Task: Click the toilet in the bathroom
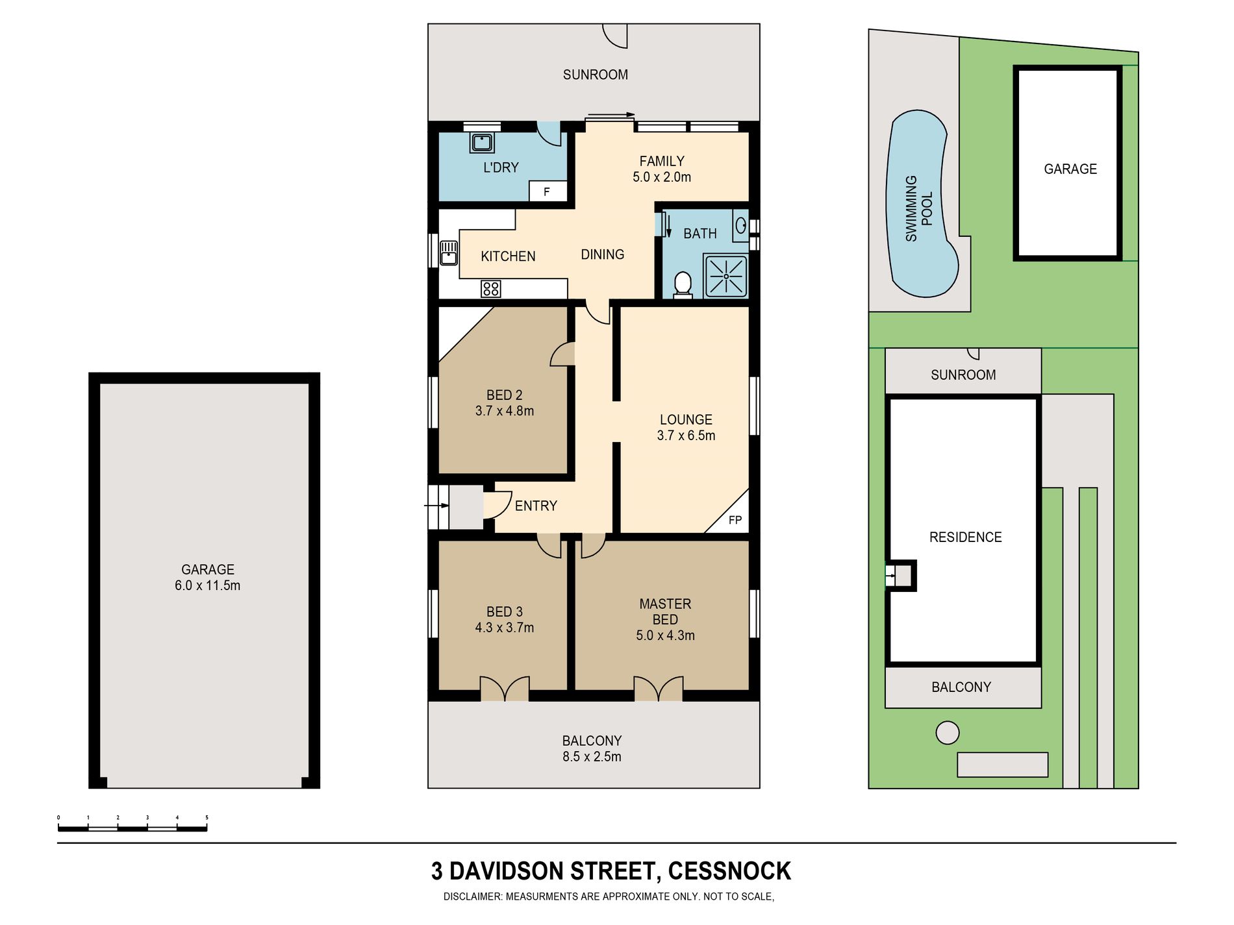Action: (683, 285)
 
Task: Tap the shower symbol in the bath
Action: (725, 276)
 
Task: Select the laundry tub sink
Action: (481, 142)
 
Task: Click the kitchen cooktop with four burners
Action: (490, 288)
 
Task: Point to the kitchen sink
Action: (449, 253)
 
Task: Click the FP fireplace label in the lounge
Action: (735, 520)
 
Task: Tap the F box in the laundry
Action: (548, 191)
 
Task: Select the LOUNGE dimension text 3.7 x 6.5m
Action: (686, 436)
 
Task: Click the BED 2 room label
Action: (504, 395)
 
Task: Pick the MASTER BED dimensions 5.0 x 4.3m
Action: (665, 635)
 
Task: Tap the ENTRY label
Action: (536, 506)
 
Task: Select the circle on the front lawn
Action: (948, 733)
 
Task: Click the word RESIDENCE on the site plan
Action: (965, 537)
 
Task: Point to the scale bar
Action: (132, 828)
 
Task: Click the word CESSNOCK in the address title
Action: (729, 871)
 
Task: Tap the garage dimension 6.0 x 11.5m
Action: (207, 586)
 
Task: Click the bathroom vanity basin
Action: (740, 226)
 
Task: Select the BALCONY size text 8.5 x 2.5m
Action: (592, 757)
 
